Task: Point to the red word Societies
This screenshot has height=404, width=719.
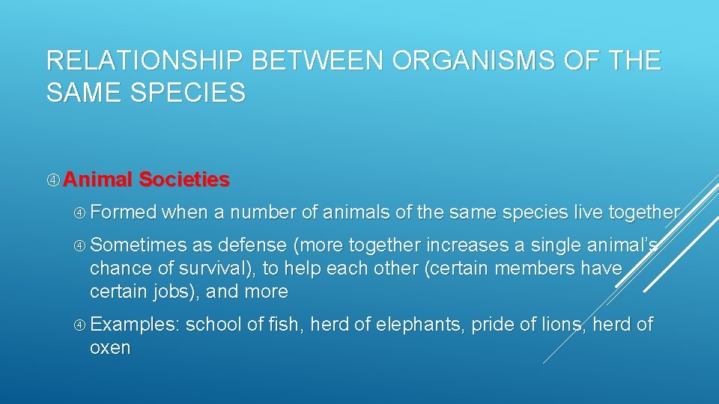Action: (184, 180)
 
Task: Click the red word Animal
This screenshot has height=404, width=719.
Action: (97, 180)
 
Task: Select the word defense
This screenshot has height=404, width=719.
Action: (252, 245)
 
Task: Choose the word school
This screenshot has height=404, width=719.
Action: (212, 325)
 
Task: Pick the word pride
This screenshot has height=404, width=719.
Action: (492, 325)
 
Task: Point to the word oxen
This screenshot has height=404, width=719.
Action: (109, 348)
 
